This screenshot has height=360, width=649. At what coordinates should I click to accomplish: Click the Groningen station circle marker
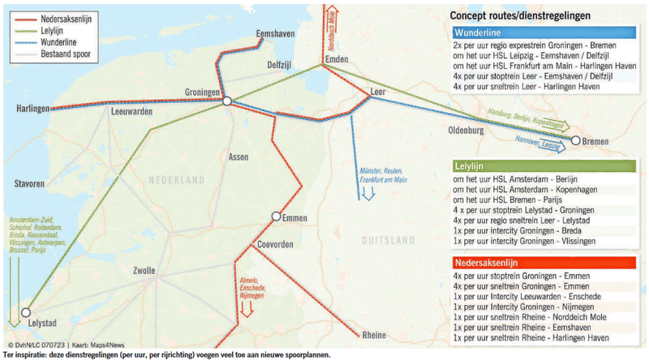pyautogui.click(x=228, y=101)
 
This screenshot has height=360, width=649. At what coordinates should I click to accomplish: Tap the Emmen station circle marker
pyautogui.click(x=277, y=216)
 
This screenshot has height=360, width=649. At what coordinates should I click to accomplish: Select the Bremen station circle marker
pyautogui.click(x=575, y=141)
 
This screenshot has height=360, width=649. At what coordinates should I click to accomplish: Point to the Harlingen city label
pyautogui.click(x=33, y=107)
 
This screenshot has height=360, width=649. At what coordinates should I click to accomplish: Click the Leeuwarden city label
pyautogui.click(x=131, y=111)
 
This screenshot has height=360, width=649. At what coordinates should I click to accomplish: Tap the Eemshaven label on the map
pyautogui.click(x=273, y=32)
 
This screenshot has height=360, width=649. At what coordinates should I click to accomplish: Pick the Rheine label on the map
pyautogui.click(x=374, y=335)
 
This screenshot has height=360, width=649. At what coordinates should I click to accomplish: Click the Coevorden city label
pyautogui.click(x=278, y=244)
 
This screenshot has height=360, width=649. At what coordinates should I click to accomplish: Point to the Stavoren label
pyautogui.click(x=28, y=185)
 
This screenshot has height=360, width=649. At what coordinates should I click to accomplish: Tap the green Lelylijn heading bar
pyautogui.click(x=543, y=165)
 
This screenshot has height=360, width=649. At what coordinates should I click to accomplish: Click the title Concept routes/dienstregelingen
pyautogui.click(x=520, y=15)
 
